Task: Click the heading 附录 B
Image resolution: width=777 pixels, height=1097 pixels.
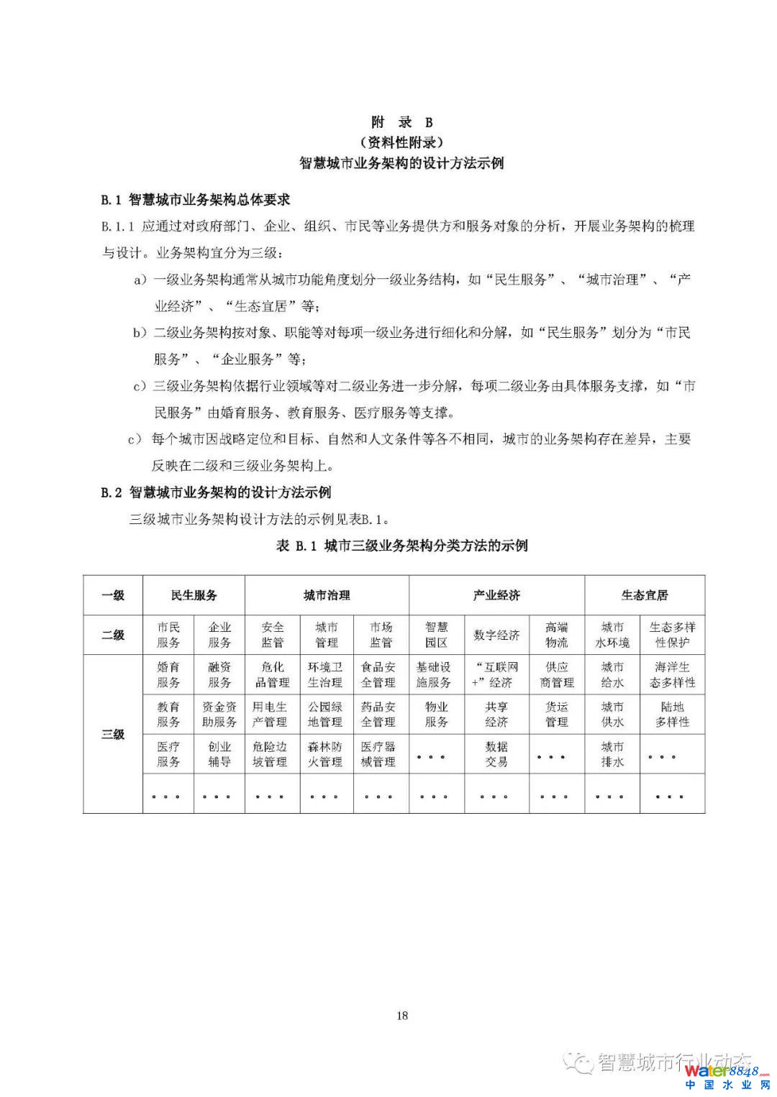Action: (402, 121)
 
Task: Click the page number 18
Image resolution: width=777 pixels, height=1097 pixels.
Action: (402, 1015)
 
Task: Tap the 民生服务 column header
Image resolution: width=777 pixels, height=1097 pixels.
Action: (194, 595)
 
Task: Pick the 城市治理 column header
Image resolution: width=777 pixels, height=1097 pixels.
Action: (327, 595)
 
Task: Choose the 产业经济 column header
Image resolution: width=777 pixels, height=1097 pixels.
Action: (496, 595)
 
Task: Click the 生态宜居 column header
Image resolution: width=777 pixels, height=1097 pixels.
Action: (645, 595)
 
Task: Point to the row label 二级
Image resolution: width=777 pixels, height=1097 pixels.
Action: (113, 635)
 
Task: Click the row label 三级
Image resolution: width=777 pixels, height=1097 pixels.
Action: (113, 734)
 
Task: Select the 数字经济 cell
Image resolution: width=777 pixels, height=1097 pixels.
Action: (496, 635)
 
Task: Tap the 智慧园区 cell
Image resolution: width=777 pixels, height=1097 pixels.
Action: (437, 635)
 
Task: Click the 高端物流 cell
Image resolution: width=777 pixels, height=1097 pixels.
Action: (557, 635)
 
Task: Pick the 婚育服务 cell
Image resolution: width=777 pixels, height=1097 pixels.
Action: (168, 674)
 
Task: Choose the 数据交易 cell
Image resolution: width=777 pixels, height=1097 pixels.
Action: (496, 754)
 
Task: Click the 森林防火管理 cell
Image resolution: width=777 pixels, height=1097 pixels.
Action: (325, 754)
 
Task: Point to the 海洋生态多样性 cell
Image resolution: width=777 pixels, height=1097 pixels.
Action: (673, 674)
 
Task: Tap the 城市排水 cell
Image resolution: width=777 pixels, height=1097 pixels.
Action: (612, 754)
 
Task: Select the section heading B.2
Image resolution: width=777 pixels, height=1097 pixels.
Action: (216, 492)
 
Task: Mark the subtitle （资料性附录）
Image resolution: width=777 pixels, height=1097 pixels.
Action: (402, 142)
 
